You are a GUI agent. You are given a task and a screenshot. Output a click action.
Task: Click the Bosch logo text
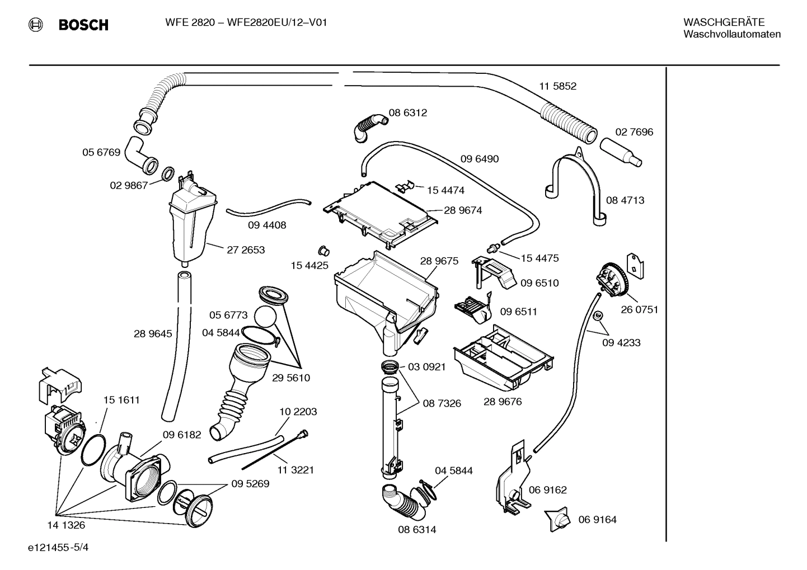coord(83,25)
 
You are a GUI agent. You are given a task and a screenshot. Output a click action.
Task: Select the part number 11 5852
coord(557,86)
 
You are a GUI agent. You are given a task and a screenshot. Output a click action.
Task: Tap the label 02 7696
coord(634,132)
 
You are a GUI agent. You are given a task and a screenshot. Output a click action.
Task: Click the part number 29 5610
coord(291,378)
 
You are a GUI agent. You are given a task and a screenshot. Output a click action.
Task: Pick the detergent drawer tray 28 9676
coord(504,358)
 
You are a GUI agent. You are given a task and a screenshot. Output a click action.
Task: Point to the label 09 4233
coord(621,342)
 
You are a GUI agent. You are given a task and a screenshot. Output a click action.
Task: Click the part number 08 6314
coord(417,529)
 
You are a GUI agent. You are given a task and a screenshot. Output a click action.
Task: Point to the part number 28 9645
coord(153,334)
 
